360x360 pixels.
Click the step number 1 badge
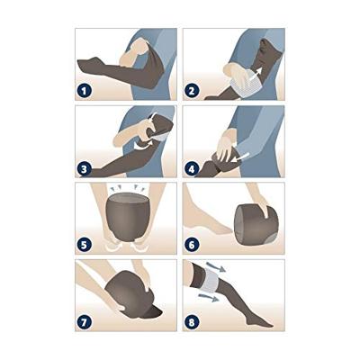84,91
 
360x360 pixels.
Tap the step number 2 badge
192,91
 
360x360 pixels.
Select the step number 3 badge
84,168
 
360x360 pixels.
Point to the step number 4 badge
192,168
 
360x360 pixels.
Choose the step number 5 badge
84,245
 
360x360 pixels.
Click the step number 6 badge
192,245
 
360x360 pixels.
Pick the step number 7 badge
84,322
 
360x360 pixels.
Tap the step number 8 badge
192,322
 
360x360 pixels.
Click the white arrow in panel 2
256,75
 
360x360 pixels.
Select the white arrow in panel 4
242,157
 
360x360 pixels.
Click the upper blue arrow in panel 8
215,266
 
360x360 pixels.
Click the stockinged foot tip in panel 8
268,325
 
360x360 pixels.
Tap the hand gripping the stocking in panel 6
263,205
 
